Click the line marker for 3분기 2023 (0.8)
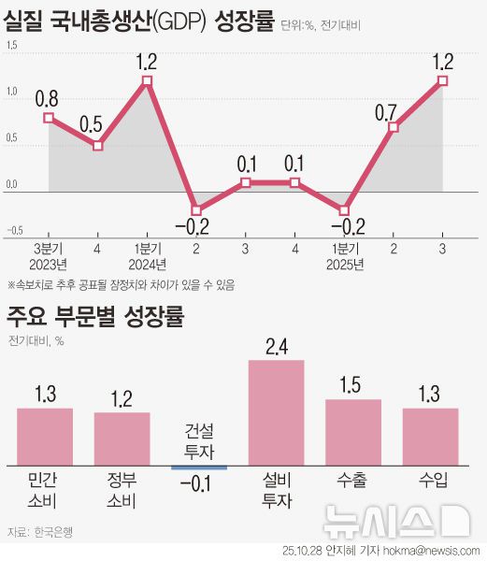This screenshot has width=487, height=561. pos(49,118)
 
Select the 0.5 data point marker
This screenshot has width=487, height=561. pos(98,146)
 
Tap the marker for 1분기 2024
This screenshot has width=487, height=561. pos(148,81)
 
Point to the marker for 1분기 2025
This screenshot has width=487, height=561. pos(344,210)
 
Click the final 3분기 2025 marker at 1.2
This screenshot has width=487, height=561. pos(442,81)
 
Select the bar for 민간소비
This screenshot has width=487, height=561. pos(45,436)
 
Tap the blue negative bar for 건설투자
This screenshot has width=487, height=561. pos(199,467)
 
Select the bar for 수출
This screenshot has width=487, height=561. pos(353,432)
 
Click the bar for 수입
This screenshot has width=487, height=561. pos(430,436)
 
